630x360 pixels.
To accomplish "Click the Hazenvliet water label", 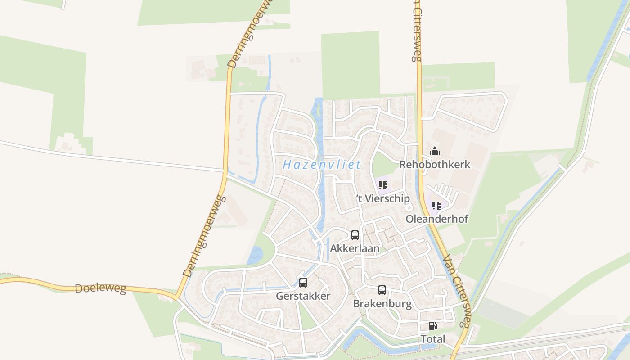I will coord(322,165).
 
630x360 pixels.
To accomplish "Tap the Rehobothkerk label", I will coord(435,165).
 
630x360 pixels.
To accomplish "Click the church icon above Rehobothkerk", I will coord(435,151).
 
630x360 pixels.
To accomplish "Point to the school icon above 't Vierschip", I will coord(383,185).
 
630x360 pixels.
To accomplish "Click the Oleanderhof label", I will coord(437,219).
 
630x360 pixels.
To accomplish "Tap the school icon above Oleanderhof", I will coord(436,206).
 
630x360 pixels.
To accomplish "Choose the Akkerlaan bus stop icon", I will coord(355,235).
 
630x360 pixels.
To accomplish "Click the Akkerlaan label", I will coord(355,248).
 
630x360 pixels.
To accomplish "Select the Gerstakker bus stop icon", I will coord(303,283).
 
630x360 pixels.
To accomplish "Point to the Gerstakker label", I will coord(303,296).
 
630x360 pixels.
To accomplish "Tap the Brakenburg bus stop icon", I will coord(382,290).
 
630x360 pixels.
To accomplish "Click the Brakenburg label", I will coord(382,304).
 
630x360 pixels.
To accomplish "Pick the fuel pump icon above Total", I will coord(432,326).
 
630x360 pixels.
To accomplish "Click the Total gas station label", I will coord(432,339).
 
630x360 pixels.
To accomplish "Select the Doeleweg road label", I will coord(100,288).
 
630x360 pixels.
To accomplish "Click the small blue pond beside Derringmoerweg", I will coord(255,255).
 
